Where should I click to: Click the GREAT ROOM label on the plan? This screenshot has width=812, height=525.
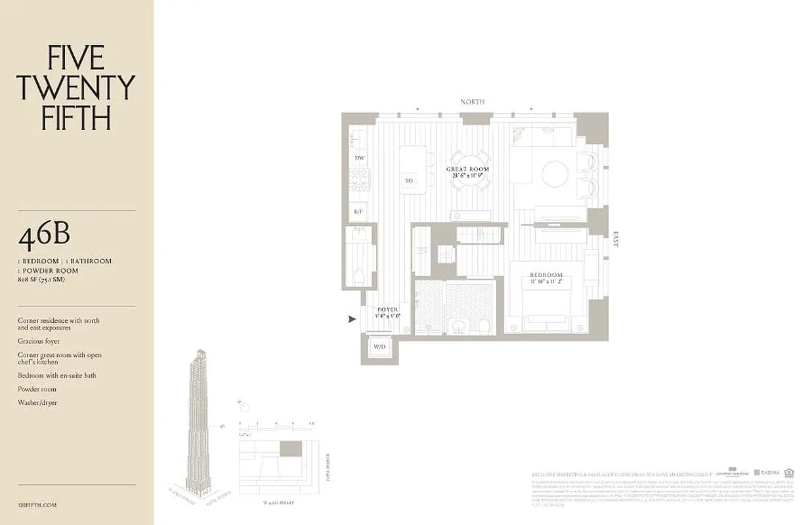click(x=468, y=169)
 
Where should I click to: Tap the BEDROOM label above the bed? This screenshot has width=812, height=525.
click(x=547, y=275)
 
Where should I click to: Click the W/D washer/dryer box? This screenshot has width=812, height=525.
click(x=379, y=346)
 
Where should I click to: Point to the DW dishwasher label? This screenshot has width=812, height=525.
click(x=359, y=158)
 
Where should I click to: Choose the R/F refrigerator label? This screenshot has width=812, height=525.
click(x=358, y=211)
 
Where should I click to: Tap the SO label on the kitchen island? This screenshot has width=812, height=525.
click(x=409, y=180)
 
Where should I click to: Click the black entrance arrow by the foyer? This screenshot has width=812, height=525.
click(x=353, y=319)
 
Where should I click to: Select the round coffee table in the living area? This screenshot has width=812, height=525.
click(x=555, y=175)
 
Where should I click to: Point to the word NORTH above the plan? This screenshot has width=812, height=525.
click(x=472, y=102)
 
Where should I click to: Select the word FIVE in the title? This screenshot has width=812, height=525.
click(x=75, y=58)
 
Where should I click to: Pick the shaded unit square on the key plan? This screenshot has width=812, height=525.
click(x=291, y=449)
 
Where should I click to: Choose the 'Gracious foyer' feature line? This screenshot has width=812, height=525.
click(x=39, y=341)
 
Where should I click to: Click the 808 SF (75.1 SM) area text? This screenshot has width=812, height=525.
click(x=41, y=279)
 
